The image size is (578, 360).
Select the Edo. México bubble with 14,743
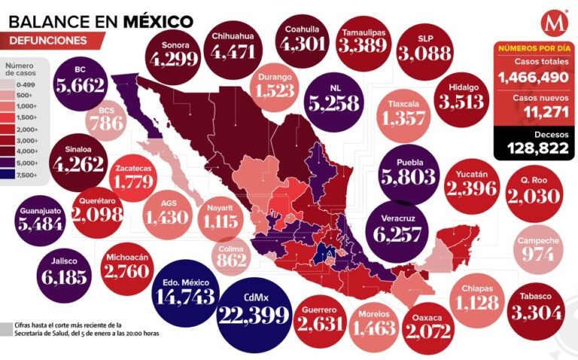coord(185,291)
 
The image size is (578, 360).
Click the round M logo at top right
coord(555,20)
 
